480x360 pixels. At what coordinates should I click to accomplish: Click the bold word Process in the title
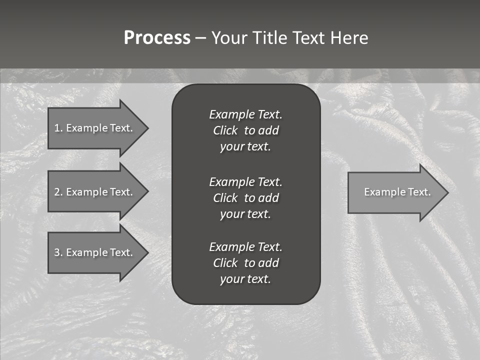(157, 38)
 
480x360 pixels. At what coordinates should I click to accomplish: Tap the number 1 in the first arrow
(57, 128)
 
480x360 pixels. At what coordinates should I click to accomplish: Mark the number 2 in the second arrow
(57, 192)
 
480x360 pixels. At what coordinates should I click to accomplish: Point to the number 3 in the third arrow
(57, 252)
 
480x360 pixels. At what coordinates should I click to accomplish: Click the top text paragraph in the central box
(245, 130)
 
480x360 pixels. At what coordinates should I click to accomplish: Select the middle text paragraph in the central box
(245, 198)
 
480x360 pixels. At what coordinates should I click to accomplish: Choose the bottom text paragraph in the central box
(245, 263)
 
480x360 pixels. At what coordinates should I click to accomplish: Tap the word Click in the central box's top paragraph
(225, 130)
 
